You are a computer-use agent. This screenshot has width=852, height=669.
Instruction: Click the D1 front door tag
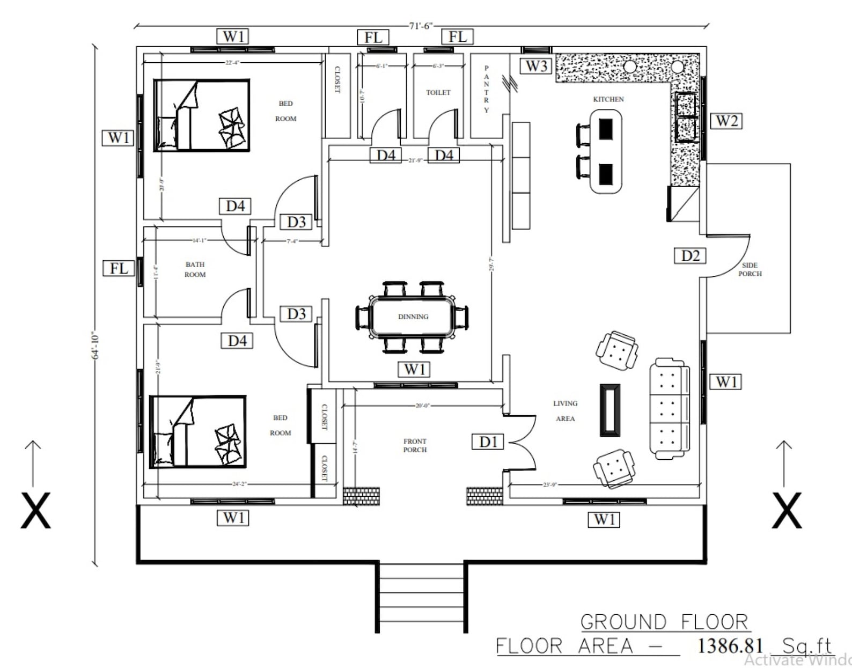488,442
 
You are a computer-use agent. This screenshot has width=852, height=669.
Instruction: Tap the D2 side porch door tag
689,255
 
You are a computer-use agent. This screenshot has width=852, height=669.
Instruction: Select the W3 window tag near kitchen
536,66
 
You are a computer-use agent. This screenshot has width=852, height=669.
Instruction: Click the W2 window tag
726,121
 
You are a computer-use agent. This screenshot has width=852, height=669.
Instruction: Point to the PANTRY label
486,89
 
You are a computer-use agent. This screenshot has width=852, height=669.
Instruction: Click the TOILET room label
438,92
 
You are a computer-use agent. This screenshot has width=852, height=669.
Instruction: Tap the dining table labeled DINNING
412,317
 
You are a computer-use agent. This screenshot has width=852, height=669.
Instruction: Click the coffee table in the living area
609,409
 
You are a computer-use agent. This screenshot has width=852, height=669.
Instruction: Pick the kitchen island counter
606,151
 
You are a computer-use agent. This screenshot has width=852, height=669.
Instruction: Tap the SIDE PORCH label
750,269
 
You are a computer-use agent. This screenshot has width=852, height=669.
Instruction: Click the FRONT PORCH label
415,445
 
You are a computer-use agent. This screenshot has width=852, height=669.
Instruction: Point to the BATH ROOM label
195,269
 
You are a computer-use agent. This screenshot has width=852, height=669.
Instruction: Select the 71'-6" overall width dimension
420,26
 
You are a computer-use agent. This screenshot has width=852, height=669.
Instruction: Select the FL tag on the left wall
119,268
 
